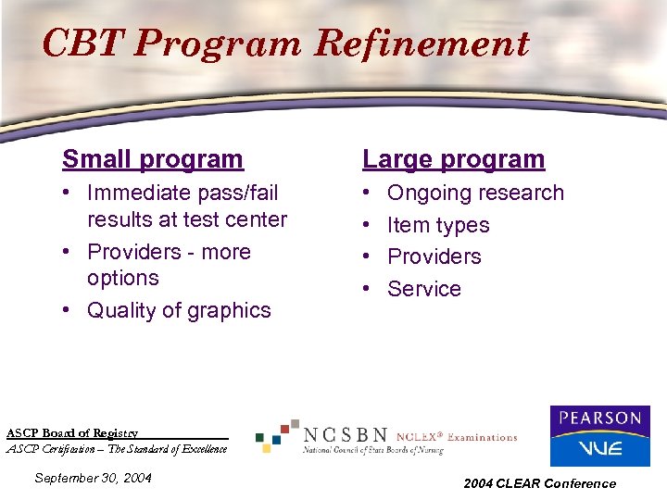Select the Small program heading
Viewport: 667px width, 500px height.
152,159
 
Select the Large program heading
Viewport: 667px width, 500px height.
453,159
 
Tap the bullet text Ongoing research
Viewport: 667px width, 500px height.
474,193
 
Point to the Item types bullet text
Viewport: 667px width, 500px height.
437,225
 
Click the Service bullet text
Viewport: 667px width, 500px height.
423,289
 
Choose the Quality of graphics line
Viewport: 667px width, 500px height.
179,310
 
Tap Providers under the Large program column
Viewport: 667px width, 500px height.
434,256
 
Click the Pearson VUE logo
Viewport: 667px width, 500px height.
599,435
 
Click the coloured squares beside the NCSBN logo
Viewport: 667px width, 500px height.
276,434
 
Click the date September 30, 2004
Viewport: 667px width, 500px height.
92,478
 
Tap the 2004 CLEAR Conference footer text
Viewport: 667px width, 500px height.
539,483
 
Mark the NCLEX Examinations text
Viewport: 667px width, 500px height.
456,437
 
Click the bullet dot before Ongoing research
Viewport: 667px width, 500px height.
368,193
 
